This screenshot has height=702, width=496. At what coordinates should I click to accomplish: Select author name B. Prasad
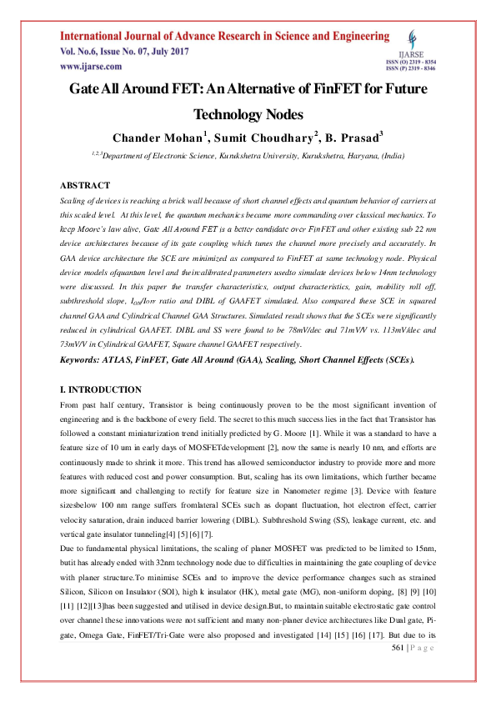tap(353, 137)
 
